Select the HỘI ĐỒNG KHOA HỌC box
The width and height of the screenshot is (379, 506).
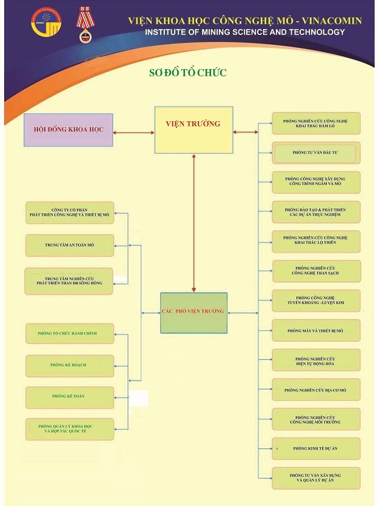click(x=68, y=130)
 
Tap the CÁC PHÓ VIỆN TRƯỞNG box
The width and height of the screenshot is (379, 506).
click(x=193, y=313)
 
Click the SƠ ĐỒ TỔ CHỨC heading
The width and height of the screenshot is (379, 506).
click(x=188, y=73)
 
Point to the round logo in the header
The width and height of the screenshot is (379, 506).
click(x=46, y=21)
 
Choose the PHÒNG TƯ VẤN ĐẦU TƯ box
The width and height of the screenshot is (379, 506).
click(x=315, y=153)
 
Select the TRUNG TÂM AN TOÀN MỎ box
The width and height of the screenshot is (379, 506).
click(x=70, y=245)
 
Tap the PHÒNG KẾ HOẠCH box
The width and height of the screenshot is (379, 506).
click(x=70, y=365)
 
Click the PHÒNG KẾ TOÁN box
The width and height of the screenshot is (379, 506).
click(x=70, y=396)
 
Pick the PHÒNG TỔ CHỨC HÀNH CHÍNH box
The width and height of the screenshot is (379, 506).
click(x=70, y=334)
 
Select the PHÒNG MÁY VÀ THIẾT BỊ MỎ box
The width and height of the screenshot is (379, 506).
click(x=315, y=331)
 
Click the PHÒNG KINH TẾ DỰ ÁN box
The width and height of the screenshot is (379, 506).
click(x=315, y=448)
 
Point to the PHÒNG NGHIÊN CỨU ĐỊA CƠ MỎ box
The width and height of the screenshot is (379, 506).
click(x=315, y=390)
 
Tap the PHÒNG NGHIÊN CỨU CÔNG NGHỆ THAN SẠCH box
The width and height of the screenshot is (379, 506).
click(x=315, y=271)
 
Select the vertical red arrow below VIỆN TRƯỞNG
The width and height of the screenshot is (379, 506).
click(x=193, y=222)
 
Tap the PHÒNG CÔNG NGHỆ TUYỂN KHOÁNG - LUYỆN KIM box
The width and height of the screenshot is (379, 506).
click(x=315, y=301)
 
